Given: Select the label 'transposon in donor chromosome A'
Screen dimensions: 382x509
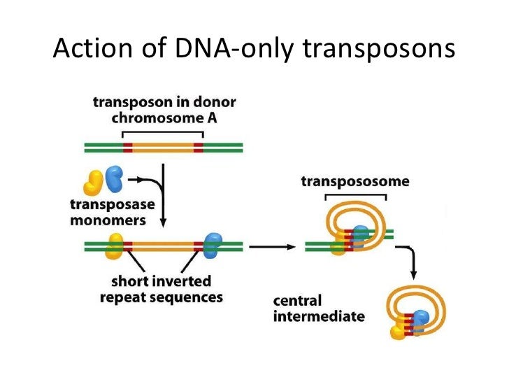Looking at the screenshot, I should click(x=164, y=110).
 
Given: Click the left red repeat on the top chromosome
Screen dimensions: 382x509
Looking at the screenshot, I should click(x=127, y=148).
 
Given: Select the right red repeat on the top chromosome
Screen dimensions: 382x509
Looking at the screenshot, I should click(x=198, y=148).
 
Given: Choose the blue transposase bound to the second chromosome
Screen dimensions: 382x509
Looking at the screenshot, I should click(x=211, y=245).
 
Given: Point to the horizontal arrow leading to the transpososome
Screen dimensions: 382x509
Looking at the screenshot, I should click(x=271, y=246).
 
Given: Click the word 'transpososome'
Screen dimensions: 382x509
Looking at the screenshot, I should click(x=355, y=182).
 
